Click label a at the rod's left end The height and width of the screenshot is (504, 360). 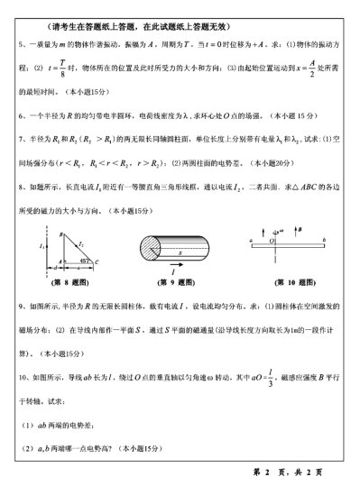(252, 238)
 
